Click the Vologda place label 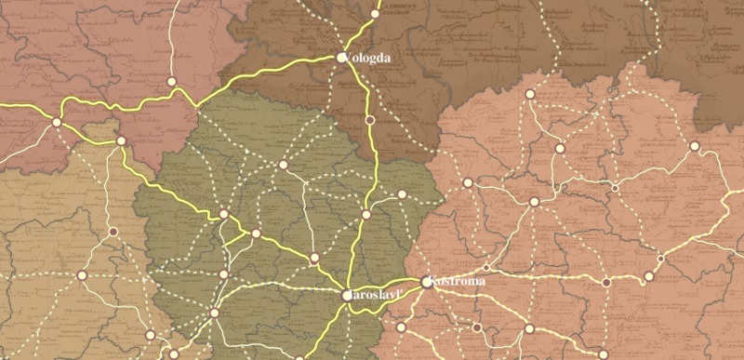pyautogui.click(x=369, y=58)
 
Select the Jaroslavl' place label pyautogui.click(x=374, y=295)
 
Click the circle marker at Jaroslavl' pyautogui.click(x=347, y=296)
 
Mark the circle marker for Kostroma pyautogui.click(x=426, y=281)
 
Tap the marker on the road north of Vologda pyautogui.click(x=376, y=14)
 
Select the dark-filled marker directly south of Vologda pyautogui.click(x=370, y=120)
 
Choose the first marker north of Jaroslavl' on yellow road pyautogui.click(x=366, y=215)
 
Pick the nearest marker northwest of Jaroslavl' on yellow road pyautogui.click(x=314, y=257)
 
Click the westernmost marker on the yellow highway pyautogui.click(x=57, y=122)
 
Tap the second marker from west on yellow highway pyautogui.click(x=121, y=140)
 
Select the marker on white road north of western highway pyautogui.click(x=171, y=82)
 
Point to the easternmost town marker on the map pyautogui.click(x=694, y=146)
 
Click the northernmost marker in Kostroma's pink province pyautogui.click(x=530, y=94)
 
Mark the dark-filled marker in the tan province pyautogui.click(x=113, y=232)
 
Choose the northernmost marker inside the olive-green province pyautogui.click(x=284, y=165)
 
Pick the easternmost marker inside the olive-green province pyautogui.click(x=402, y=194)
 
